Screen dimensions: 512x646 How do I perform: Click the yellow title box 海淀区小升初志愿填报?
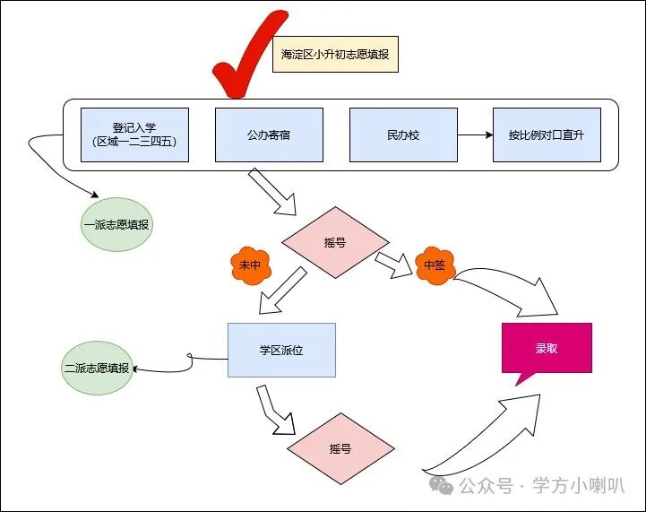pyautogui.click(x=334, y=53)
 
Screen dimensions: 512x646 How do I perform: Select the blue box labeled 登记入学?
pyautogui.click(x=134, y=135)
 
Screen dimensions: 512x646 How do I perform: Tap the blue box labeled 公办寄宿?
pyautogui.click(x=269, y=135)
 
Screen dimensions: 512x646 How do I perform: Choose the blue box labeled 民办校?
pyautogui.click(x=402, y=135)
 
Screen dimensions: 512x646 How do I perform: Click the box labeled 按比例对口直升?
pyautogui.click(x=547, y=135)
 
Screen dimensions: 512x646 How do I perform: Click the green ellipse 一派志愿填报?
pyautogui.click(x=117, y=224)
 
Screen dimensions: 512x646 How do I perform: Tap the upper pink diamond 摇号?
pyautogui.click(x=335, y=243)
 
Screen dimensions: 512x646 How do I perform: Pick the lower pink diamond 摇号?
pyautogui.click(x=340, y=448)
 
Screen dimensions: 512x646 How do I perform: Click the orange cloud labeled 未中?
pyautogui.click(x=248, y=265)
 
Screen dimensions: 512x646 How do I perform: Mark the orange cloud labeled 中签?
pyautogui.click(x=435, y=265)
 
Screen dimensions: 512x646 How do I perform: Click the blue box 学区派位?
pyautogui.click(x=281, y=350)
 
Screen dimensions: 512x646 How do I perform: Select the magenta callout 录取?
pyautogui.click(x=546, y=349)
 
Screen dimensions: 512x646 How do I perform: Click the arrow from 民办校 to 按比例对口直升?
pyautogui.click(x=474, y=135)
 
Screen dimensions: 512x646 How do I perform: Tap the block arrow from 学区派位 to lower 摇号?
pyautogui.click(x=274, y=409)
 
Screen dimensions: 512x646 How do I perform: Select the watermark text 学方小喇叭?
pyautogui.click(x=578, y=485)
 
